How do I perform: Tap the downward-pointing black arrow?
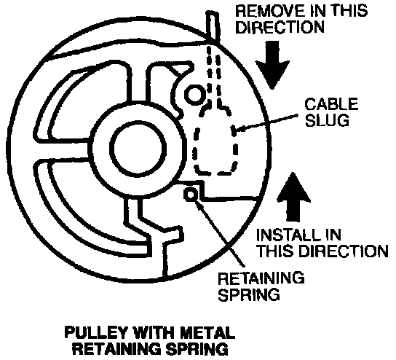tap(272, 65)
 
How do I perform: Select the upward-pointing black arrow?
tap(293, 197)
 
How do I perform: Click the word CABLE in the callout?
tap(331, 104)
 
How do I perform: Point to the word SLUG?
tap(327, 120)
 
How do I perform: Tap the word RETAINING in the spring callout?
tap(261, 278)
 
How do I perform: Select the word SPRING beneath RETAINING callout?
tap(249, 294)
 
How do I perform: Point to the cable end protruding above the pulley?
tap(213, 26)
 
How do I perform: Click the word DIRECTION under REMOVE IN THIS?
tap(280, 27)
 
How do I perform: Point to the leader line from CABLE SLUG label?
tap(265, 123)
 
